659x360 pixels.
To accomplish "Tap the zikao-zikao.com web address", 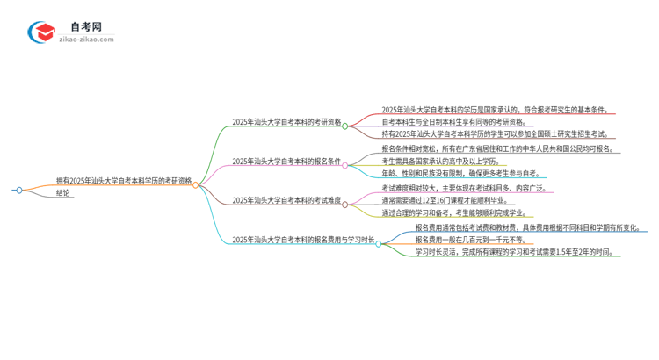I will tap(86, 40).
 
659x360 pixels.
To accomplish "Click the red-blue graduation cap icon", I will tap(41, 32).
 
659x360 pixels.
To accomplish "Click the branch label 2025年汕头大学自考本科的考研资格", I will tap(286, 123).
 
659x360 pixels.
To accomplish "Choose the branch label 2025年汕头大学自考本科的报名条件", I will tap(286, 162).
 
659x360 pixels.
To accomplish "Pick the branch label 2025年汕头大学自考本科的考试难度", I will tap(286, 200).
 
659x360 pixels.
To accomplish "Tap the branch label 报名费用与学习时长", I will tap(303, 239).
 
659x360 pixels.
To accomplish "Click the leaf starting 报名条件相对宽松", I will tap(496, 149).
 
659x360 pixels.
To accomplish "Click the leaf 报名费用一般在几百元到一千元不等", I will tap(481, 239).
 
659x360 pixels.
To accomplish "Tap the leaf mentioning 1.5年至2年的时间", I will tap(517, 252).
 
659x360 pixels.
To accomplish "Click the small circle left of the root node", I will tap(18, 190).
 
